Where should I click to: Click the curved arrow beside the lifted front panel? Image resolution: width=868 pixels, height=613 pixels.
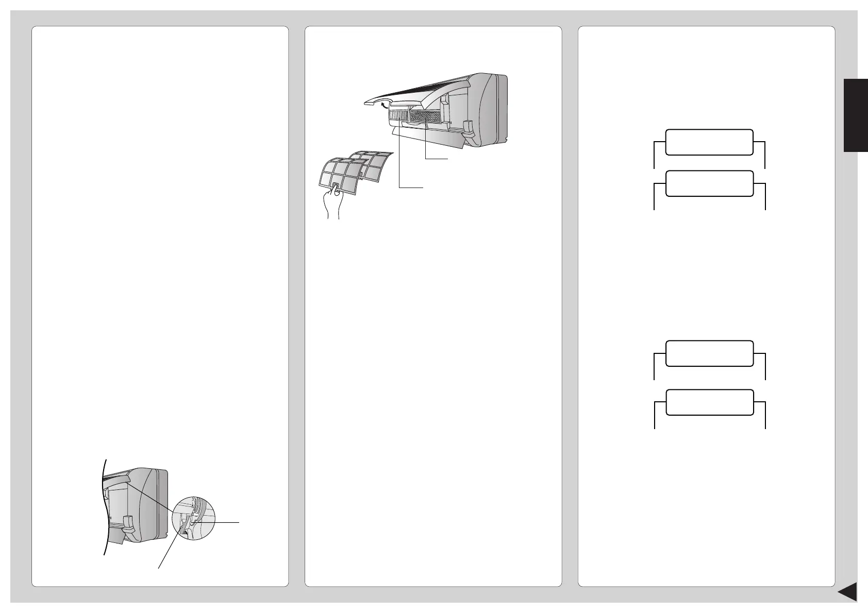383,106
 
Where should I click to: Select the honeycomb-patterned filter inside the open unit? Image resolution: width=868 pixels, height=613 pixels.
425,116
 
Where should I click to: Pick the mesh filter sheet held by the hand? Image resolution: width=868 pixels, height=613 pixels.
340,175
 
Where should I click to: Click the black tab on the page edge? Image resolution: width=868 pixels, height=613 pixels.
856,115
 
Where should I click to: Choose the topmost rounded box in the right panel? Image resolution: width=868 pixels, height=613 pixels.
709,142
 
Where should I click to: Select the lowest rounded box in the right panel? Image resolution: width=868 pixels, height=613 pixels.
709,402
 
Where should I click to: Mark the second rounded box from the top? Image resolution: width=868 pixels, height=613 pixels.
709,183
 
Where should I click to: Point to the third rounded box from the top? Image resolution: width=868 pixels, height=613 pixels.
709,353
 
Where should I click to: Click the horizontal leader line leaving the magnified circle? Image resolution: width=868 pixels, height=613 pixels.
225,522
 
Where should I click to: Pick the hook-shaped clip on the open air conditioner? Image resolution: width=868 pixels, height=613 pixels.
469,127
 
